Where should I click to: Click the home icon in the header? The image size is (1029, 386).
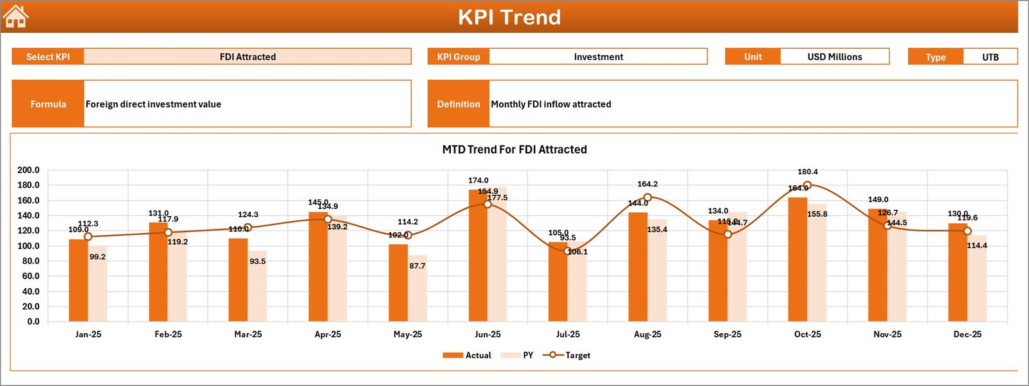tap(15, 17)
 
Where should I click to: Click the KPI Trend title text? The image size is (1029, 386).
tap(509, 17)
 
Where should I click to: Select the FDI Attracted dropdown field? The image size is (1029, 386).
tap(248, 57)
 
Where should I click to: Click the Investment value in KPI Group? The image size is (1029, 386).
tap(598, 57)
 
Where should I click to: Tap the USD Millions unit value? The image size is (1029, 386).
tap(834, 57)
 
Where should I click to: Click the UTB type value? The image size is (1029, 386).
tap(990, 57)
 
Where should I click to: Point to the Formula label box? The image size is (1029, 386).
tap(48, 104)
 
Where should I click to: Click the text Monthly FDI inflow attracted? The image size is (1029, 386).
tap(551, 104)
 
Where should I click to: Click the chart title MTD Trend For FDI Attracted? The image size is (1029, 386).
tap(514, 149)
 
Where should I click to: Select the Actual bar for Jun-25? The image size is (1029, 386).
tap(478, 257)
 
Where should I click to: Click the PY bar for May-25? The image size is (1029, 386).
tap(417, 289)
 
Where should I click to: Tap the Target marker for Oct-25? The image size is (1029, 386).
tap(807, 185)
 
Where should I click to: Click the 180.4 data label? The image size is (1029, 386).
tap(807, 172)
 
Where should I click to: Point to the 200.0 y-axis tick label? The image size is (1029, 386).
tap(28, 170)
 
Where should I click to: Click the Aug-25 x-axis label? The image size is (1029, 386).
tap(647, 335)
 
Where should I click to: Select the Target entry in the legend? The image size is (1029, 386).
tap(567, 355)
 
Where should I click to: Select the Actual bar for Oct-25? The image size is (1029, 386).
tap(797, 261)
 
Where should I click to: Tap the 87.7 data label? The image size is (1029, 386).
tap(417, 266)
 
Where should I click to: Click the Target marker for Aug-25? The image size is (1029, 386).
tap(647, 198)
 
